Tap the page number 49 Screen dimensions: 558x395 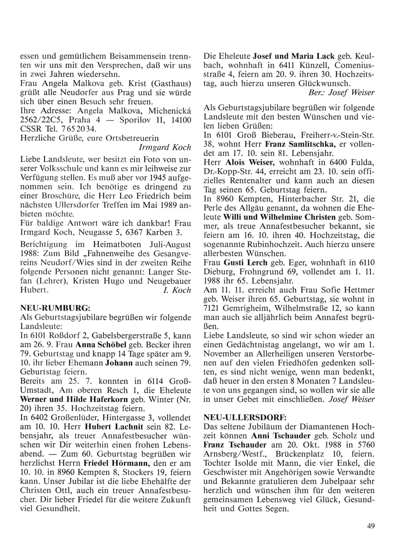pos(371,525)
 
